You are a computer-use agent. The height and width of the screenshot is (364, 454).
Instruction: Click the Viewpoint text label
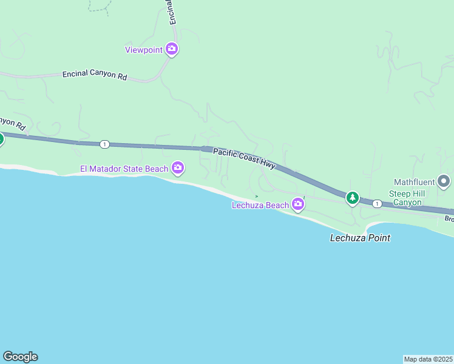(x=144, y=50)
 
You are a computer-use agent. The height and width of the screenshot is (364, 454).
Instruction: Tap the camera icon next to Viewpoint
(x=172, y=49)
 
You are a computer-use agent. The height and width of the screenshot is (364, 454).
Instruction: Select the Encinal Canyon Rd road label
(x=95, y=76)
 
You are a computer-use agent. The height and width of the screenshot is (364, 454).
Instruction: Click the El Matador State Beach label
(x=124, y=169)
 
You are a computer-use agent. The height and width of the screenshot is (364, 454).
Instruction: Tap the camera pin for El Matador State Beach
(x=178, y=167)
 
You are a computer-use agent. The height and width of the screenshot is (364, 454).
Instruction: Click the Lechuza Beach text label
(x=260, y=205)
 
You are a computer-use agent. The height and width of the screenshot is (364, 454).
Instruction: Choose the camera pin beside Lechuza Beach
(x=298, y=204)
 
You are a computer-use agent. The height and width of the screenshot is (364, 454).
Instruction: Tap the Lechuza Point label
(x=360, y=238)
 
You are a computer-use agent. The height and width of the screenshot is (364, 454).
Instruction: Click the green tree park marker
(x=352, y=197)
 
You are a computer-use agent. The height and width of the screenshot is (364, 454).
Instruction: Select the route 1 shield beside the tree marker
(x=377, y=204)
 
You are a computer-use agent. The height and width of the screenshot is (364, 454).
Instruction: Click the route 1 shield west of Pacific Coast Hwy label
(x=105, y=144)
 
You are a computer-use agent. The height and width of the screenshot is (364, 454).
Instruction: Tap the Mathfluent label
(x=415, y=181)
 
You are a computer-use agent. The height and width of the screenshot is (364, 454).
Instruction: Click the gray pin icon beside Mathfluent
(x=444, y=181)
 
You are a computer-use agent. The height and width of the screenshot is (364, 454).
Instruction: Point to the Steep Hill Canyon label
(x=407, y=198)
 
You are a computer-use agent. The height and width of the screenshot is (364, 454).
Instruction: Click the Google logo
(x=20, y=357)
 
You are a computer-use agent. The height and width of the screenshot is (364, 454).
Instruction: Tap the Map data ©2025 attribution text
(x=429, y=359)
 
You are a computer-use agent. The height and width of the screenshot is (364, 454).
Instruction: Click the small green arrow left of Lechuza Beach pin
(x=257, y=196)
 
